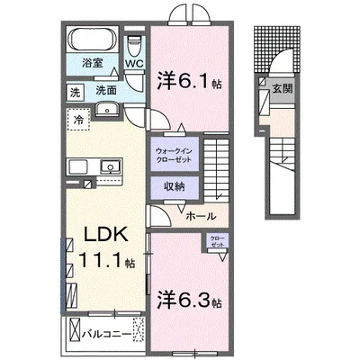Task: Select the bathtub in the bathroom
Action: pyautogui.click(x=91, y=40)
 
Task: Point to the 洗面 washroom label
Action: pyautogui.click(x=107, y=91)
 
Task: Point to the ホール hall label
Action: pyautogui.click(x=200, y=217)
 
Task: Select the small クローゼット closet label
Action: pyautogui.click(x=218, y=242)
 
